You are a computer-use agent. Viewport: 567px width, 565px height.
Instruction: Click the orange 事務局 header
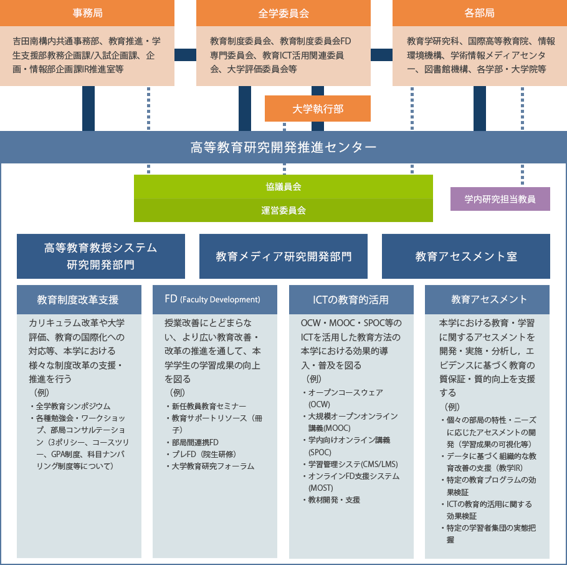point(87,13)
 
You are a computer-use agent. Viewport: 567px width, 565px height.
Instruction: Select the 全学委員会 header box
point(283,13)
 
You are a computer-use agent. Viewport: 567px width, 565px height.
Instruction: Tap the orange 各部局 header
point(480,13)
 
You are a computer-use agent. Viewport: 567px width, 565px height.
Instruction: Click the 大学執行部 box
point(318,109)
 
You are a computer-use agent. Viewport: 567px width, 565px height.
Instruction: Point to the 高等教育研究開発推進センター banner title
point(283,147)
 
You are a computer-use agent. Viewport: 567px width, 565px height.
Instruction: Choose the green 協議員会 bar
point(283,186)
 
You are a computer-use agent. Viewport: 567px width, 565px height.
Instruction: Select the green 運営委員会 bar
point(283,210)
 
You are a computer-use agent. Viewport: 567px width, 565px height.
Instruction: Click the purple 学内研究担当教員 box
point(500,199)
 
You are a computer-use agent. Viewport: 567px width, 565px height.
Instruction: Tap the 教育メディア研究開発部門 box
point(283,256)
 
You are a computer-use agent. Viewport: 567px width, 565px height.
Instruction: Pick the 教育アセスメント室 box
point(466,256)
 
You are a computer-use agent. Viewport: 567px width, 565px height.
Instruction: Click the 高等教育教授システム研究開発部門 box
point(101,256)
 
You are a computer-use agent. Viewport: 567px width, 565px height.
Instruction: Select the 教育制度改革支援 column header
point(79,300)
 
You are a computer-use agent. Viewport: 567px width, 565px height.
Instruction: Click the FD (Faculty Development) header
point(215,300)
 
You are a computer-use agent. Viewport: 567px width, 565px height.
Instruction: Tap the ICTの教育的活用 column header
point(351,300)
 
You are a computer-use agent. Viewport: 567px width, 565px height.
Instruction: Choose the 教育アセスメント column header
point(487,300)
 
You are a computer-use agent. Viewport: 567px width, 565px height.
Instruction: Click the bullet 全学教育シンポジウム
point(71,406)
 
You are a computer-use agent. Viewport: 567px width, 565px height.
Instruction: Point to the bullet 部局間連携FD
point(193,442)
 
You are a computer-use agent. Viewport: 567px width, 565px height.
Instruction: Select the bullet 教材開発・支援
point(331,500)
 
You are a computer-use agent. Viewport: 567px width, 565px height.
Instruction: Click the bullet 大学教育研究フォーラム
point(211,466)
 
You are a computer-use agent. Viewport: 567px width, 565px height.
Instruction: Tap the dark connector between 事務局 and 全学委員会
point(185,55)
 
